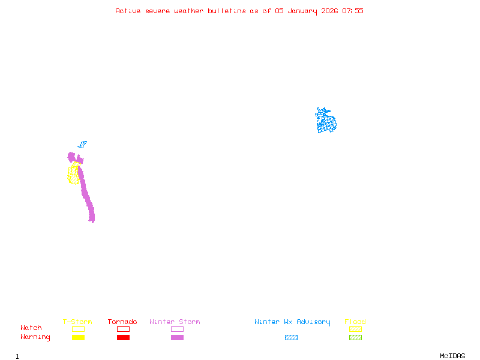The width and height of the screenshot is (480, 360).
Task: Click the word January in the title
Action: pyautogui.click(x=301, y=11)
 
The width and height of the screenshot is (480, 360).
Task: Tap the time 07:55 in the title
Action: pyautogui.click(x=353, y=11)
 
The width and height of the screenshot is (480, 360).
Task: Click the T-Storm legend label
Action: pyautogui.click(x=77, y=322)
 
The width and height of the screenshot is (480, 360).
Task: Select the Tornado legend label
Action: pyautogui.click(x=122, y=322)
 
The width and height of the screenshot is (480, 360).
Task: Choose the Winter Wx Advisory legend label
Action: pyautogui.click(x=292, y=322)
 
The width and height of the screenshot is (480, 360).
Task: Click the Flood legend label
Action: pyautogui.click(x=355, y=322)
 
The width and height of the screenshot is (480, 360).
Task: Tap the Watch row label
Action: pyautogui.click(x=31, y=328)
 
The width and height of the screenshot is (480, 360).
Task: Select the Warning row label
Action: pyautogui.click(x=35, y=337)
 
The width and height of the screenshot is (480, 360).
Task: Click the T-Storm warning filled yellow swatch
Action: pyautogui.click(x=78, y=338)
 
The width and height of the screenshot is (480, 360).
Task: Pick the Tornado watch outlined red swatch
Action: pyautogui.click(x=123, y=329)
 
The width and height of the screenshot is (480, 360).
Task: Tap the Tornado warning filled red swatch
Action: pyautogui.click(x=123, y=338)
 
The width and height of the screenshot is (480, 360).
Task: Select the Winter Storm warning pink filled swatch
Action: pyautogui.click(x=177, y=338)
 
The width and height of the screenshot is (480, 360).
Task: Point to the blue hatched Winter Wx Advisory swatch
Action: pyautogui.click(x=291, y=338)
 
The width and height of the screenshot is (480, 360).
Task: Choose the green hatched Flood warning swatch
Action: pyautogui.click(x=355, y=338)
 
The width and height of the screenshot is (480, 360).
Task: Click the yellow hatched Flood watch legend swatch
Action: pyautogui.click(x=355, y=329)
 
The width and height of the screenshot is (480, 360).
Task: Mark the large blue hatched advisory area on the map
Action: pyautogui.click(x=326, y=122)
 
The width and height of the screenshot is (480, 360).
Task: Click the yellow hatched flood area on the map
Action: pyautogui.click(x=73, y=174)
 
